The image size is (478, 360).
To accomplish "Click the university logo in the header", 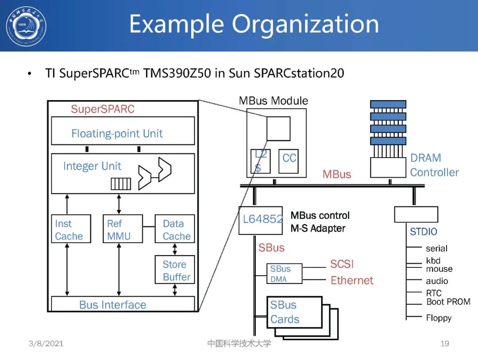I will point(26,26).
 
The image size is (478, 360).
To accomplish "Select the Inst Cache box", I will point(70,229).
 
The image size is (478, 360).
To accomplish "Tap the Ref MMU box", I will point(122,229).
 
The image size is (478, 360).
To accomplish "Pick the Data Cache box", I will point(174,229).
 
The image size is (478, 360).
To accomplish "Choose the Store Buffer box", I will point(174,270).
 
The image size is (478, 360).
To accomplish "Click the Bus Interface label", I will point(112,305).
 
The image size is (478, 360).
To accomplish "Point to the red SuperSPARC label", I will point(103,109).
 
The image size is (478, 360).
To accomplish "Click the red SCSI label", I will point(342,264).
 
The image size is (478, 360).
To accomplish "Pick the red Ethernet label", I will point(352,280).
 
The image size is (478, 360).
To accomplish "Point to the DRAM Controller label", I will point(434,165).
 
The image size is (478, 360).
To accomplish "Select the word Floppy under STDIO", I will point(439,318).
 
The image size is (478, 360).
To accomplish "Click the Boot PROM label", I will point(448,302).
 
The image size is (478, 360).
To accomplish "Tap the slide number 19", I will point(444,344).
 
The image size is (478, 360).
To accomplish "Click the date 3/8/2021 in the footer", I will point(46,344).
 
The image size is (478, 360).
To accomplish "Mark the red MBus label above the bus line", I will point(336,174).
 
